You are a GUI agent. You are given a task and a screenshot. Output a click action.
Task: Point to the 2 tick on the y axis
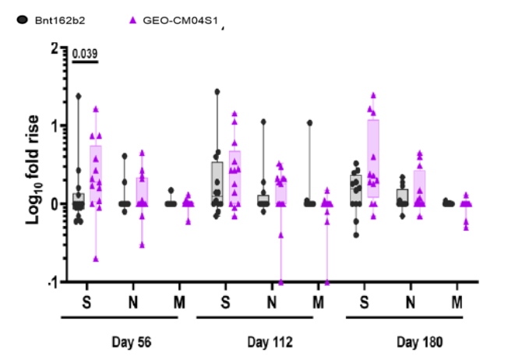[54, 48]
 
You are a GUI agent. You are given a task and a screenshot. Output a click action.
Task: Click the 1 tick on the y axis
[54, 125]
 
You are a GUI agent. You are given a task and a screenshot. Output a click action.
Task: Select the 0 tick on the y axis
[54, 203]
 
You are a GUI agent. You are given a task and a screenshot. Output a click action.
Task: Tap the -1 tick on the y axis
[51, 281]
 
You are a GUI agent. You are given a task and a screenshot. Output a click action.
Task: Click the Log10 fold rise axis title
[34, 164]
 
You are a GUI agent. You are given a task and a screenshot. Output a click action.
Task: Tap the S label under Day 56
[86, 300]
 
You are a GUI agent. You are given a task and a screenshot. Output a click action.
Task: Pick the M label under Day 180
[457, 300]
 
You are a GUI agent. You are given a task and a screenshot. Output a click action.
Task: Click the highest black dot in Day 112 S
[217, 92]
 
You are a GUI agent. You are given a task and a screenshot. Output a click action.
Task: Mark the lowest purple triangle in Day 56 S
[96, 258]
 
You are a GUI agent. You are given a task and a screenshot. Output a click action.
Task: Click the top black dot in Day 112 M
[309, 123]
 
